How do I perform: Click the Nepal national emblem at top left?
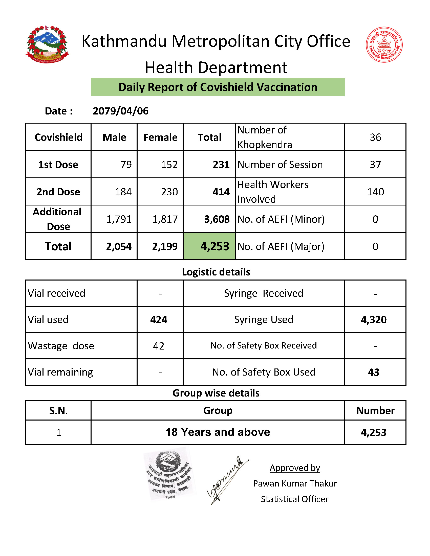pos(47,44)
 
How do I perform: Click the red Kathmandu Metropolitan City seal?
pos(384,44)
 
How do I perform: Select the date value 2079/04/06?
pos(120,111)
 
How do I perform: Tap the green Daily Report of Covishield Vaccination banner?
pos(218,87)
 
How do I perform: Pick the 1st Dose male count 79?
pos(126,165)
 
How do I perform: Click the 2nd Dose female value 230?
pos(169,192)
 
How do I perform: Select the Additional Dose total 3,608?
pos(217,219)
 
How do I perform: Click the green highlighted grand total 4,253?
pos(215,246)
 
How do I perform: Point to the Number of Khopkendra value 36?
pos(375,137)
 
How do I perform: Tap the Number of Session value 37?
pos(375,165)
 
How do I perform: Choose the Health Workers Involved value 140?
pos(375,192)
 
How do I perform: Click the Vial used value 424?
pos(159,319)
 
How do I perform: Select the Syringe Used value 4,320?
pos(374,319)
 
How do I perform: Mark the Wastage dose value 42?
pos(158,346)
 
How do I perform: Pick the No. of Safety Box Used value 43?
pos(374,372)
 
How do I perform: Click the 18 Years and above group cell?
pos(218,432)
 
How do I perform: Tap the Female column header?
pos(160,137)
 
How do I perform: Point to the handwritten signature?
pos(227,480)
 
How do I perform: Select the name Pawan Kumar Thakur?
pos(295,483)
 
